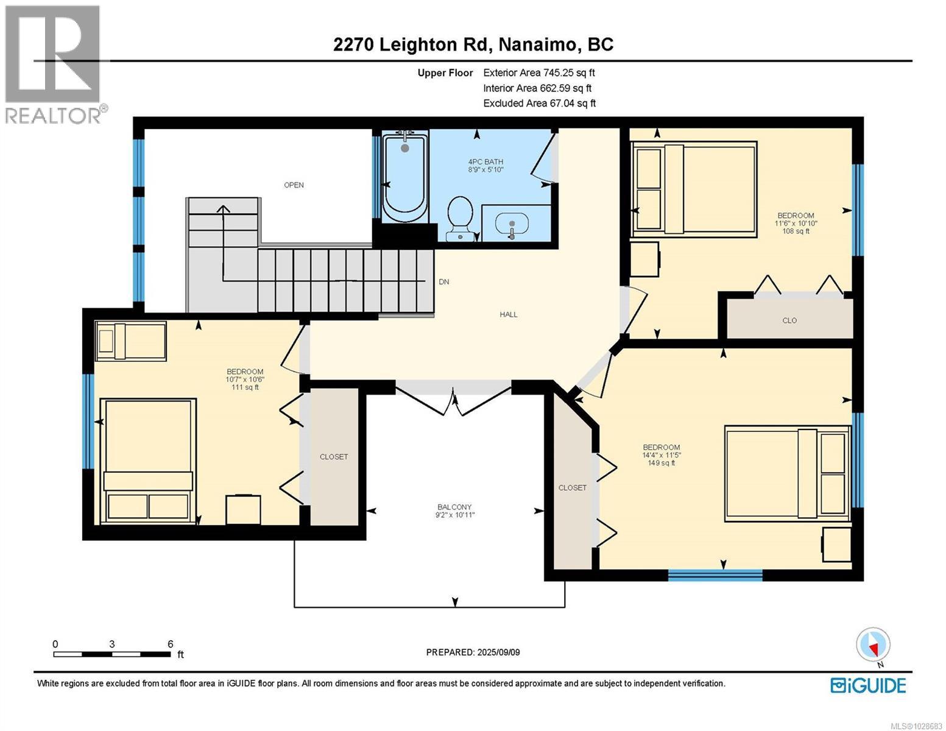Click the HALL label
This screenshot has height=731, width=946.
[509, 314]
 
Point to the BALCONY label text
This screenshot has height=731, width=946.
[454, 507]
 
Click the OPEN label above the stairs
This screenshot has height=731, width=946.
[294, 185]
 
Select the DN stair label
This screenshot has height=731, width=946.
[444, 282]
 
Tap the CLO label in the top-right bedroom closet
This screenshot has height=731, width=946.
[789, 320]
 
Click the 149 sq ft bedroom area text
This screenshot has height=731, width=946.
[662, 463]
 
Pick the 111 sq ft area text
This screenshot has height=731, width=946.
[245, 387]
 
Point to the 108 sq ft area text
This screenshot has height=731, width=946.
[796, 231]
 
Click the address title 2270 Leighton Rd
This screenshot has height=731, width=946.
[473, 44]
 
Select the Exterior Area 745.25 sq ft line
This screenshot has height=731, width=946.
[538, 72]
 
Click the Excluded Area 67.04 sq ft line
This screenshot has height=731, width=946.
[539, 103]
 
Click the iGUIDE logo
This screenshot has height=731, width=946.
[868, 685]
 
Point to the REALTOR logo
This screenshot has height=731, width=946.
[54, 64]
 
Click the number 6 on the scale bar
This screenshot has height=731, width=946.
[171, 644]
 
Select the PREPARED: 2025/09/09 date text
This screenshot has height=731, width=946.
[473, 652]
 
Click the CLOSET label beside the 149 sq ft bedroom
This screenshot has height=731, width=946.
[573, 487]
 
